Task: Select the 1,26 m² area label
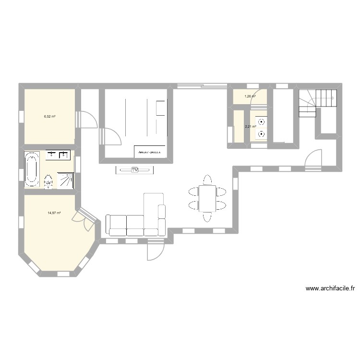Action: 250,96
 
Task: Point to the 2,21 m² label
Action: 250,127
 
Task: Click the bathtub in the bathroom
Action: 33,169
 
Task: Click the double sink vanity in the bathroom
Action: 59,155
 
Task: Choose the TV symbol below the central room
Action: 135,169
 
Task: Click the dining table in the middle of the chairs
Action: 208,198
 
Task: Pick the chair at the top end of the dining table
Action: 207,180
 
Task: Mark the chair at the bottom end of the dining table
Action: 207,217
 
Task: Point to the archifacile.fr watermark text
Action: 330,288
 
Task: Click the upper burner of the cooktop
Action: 261,121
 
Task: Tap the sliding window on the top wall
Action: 202,86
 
